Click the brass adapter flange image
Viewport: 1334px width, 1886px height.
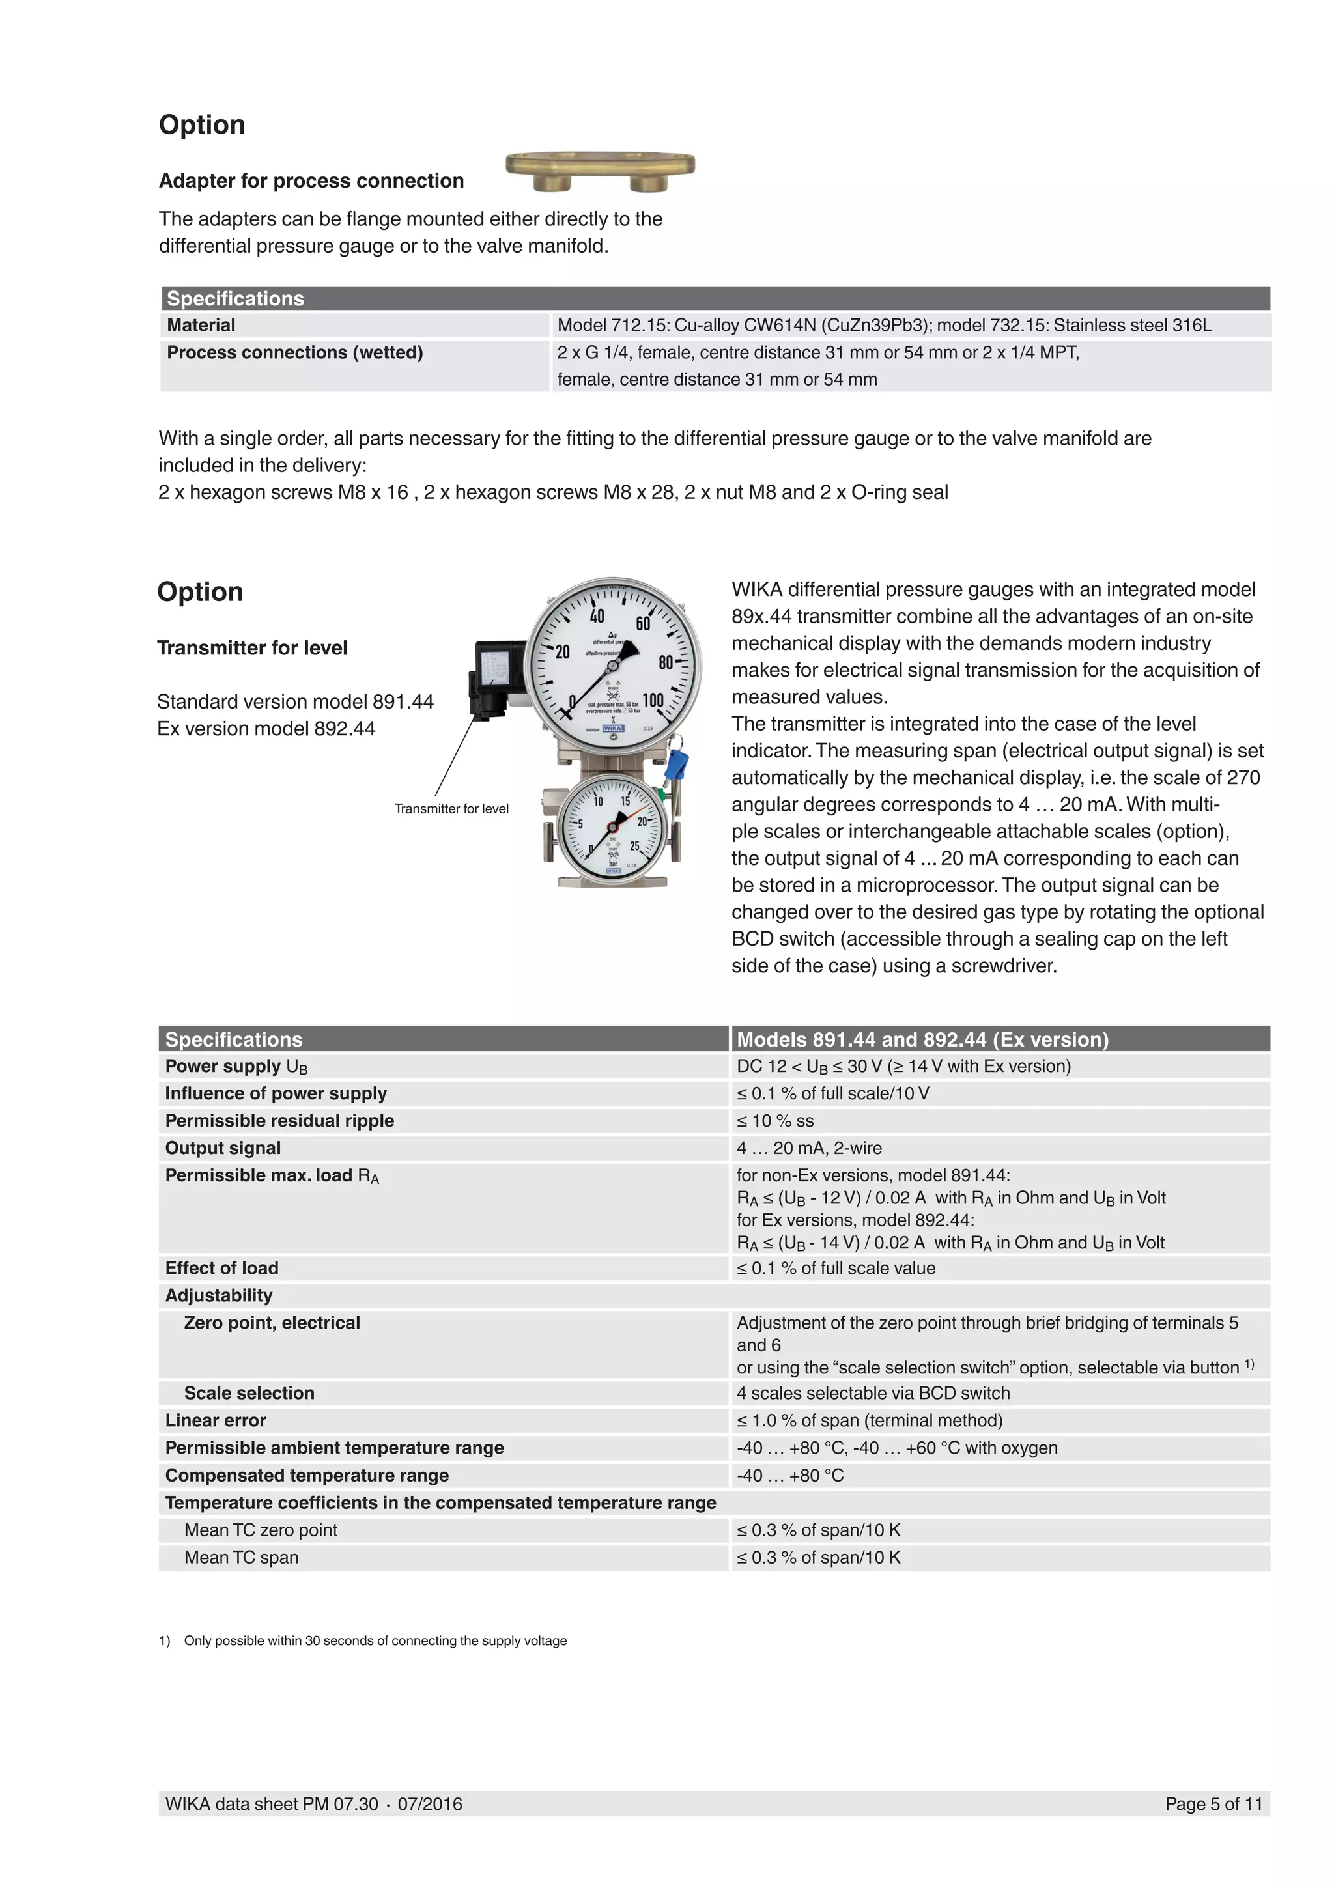tap(600, 169)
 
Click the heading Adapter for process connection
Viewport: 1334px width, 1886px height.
tap(311, 180)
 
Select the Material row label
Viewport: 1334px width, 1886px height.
tap(201, 325)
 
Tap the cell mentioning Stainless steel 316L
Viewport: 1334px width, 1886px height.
tap(884, 325)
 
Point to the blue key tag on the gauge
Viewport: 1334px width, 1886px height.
tap(677, 764)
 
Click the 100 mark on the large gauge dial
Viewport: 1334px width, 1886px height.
tap(653, 700)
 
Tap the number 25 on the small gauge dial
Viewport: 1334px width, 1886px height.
tap(634, 846)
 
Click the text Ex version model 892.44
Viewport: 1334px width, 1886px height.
tap(266, 729)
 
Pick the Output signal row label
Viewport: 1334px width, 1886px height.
tap(223, 1148)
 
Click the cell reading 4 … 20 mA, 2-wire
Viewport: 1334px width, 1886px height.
tap(809, 1148)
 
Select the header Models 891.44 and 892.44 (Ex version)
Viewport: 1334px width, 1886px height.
tap(922, 1039)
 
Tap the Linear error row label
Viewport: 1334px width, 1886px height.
tap(215, 1420)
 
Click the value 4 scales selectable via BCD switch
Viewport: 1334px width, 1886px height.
tap(873, 1393)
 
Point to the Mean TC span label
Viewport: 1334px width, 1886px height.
tap(242, 1557)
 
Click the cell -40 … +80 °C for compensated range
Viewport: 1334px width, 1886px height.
tap(790, 1475)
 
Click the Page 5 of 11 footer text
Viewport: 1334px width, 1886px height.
tap(1212, 1804)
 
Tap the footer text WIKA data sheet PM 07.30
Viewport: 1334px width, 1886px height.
tap(272, 1804)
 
